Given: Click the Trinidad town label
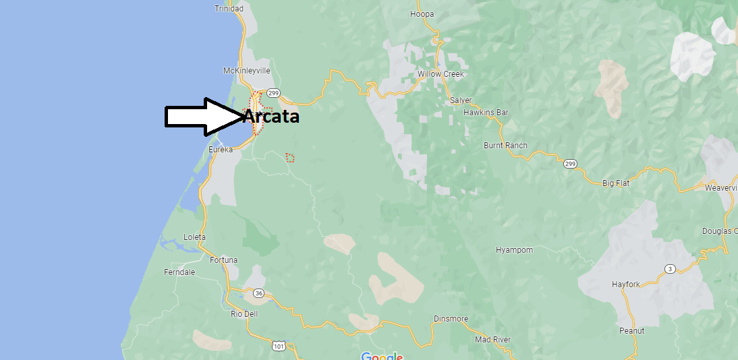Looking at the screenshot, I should [229, 9].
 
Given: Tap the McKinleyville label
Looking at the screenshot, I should [247, 71].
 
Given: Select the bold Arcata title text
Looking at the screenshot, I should [272, 117].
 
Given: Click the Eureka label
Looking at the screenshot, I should [221, 149].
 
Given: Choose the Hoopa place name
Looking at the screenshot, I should [422, 14].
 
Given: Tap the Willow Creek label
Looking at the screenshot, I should [441, 74].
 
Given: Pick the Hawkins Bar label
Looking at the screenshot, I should [486, 113].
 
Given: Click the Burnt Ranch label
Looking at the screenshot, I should [505, 146].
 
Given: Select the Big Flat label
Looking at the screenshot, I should [616, 183].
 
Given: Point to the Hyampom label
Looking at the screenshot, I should [514, 250].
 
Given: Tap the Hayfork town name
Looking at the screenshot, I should [625, 284].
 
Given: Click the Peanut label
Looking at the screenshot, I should [632, 330].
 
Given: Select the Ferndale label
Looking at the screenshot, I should [179, 272].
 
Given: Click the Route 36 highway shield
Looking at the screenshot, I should [259, 293].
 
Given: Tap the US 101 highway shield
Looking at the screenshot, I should [279, 346].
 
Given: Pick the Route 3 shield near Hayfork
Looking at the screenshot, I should [670, 269].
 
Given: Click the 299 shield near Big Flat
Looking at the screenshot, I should [570, 163].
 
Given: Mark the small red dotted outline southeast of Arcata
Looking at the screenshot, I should [290, 158].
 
